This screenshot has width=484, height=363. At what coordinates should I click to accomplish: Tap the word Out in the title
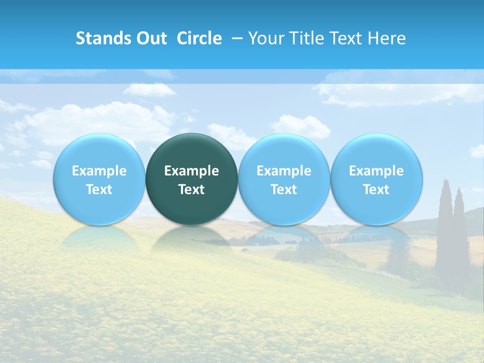click(x=150, y=38)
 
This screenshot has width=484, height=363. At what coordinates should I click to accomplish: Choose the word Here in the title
click(x=387, y=38)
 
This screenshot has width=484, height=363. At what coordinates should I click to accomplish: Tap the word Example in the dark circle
click(x=192, y=171)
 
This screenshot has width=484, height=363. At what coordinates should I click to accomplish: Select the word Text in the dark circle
click(x=192, y=190)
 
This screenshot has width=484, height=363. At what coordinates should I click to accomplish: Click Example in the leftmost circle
click(x=99, y=171)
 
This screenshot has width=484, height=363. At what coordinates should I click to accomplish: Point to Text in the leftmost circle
click(x=99, y=190)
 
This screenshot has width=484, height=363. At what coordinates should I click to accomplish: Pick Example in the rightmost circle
click(x=376, y=171)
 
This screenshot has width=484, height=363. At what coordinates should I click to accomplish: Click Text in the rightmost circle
click(x=376, y=190)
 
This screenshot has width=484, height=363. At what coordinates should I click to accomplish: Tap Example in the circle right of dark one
click(x=284, y=171)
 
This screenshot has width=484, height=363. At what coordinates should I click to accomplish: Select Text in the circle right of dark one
click(x=284, y=190)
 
